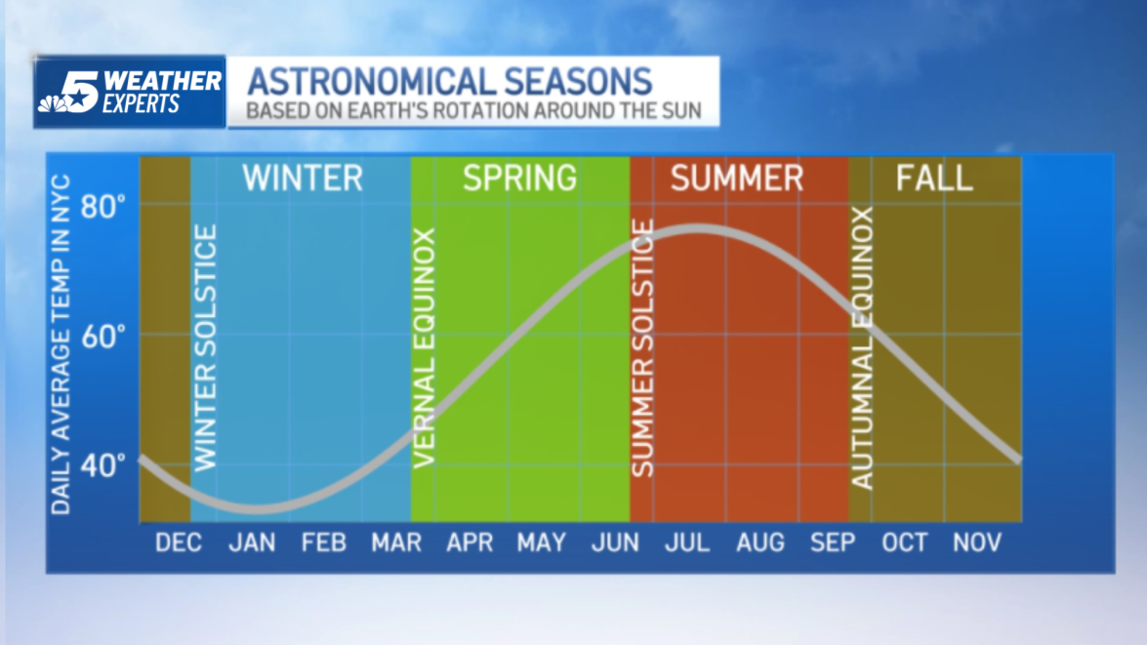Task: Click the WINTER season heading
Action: tap(303, 179)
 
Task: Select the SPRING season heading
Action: tap(519, 179)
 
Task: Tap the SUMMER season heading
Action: tap(737, 179)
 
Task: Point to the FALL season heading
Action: tap(934, 179)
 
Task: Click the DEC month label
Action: tap(179, 543)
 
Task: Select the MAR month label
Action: tap(396, 543)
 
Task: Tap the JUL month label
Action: tap(687, 543)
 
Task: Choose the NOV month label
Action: tap(977, 543)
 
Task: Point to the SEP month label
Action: tap(833, 543)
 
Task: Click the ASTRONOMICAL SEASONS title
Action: tap(448, 80)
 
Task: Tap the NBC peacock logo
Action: tap(51, 101)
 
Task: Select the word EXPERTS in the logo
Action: tap(141, 104)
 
